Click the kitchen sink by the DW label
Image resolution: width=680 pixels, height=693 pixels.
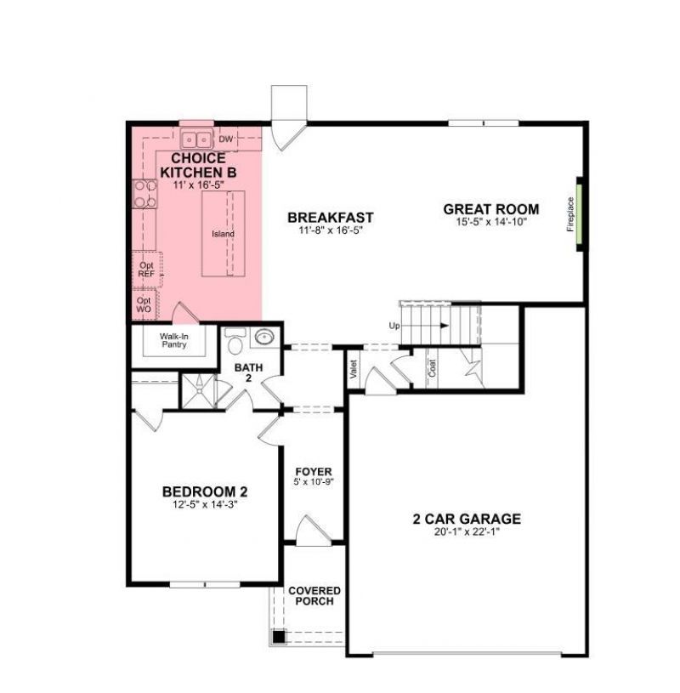tap(197, 139)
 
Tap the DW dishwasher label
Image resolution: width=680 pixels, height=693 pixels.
tap(225, 139)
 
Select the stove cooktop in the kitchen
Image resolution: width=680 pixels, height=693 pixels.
tap(142, 196)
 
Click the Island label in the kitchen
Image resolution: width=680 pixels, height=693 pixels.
tap(223, 234)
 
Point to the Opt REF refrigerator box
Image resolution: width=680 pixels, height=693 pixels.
tap(146, 270)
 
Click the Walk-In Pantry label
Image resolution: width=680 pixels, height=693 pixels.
tap(173, 340)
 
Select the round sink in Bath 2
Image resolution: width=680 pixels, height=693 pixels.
tap(264, 337)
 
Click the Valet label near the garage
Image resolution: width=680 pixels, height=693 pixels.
tap(354, 368)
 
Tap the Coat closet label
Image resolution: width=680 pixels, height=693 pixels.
tap(433, 368)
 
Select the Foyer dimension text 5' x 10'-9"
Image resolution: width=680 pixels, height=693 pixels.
tap(314, 482)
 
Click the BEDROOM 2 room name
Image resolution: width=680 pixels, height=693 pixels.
tap(205, 491)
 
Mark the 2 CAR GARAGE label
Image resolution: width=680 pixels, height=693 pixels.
tap(467, 520)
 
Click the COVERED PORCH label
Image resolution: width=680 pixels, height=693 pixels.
tap(314, 596)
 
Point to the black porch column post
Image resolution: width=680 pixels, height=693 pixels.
tap(278, 635)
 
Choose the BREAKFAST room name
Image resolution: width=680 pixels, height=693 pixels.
tap(330, 218)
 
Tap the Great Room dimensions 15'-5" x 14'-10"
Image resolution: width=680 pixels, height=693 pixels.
tap(491, 222)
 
